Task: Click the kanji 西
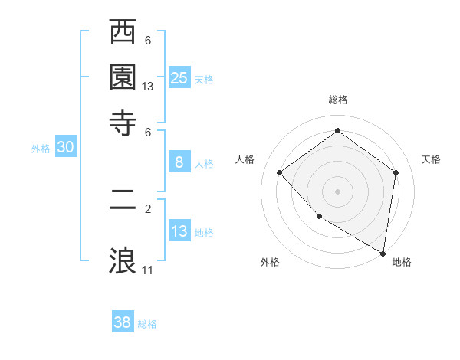pos(123,34)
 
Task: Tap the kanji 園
pos(123,77)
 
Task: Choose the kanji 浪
pos(123,259)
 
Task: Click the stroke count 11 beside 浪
pos(148,270)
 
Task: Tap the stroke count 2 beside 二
pos(148,208)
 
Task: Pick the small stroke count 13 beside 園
pos(148,87)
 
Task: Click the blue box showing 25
pos(179,77)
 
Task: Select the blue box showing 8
pos(179,162)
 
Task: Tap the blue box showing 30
pos(65,148)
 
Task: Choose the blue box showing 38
pos(123,322)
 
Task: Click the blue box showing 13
pos(179,231)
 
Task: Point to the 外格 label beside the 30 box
pos(41,149)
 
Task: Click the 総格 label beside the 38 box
pos(147,324)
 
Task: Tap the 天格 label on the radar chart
pos(431,159)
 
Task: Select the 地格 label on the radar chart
pos(402,262)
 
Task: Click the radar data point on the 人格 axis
pos(280,173)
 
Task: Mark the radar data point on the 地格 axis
pos(383,252)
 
